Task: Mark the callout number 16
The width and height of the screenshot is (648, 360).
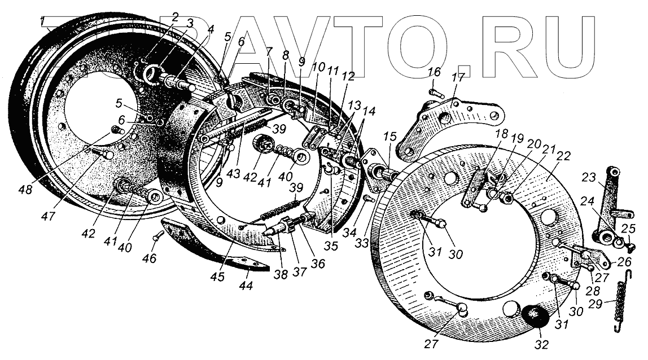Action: pos(434,72)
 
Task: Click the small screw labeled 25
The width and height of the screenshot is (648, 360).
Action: pos(632,245)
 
